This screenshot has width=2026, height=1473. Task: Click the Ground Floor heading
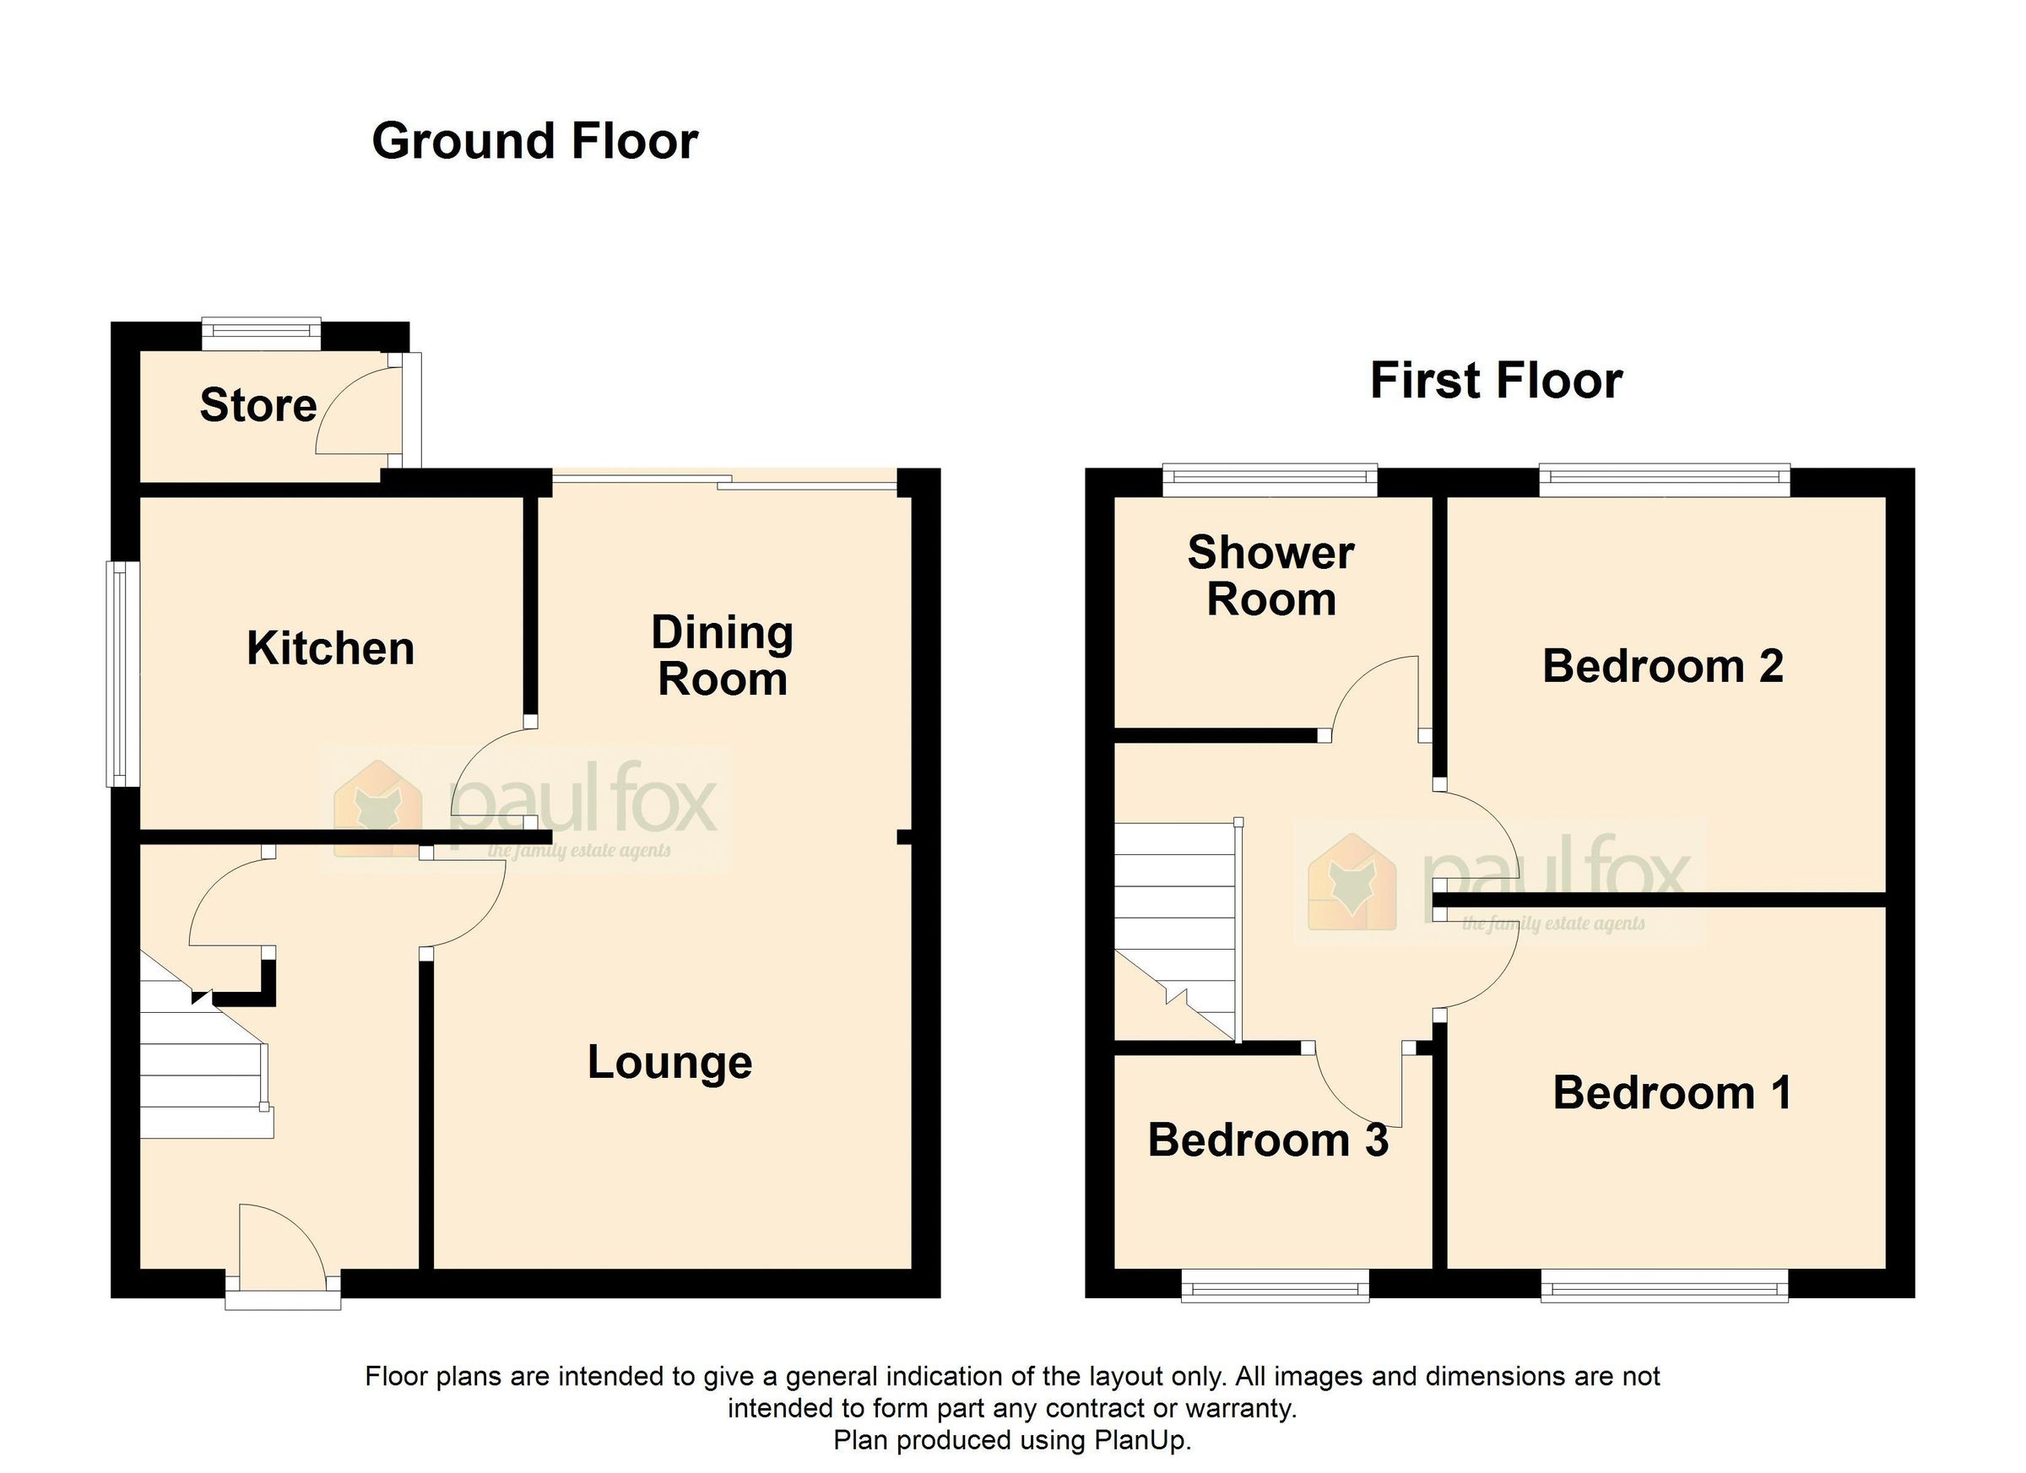coord(534,141)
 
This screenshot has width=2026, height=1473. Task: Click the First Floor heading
coord(1495,381)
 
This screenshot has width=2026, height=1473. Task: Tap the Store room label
coord(258,405)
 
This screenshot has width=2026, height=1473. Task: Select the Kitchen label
coord(331,648)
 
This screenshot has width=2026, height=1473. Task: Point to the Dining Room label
coord(722,656)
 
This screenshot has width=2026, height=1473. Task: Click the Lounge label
coord(669,1063)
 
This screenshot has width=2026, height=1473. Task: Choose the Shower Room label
coord(1270,577)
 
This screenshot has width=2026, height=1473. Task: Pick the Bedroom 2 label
coord(1662,666)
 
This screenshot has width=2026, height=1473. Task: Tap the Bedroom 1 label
coord(1671,1093)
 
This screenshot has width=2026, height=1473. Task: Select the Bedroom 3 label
coord(1268,1140)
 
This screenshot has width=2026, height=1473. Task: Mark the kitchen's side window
coord(122,674)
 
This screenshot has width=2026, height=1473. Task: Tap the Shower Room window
coord(1270,479)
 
